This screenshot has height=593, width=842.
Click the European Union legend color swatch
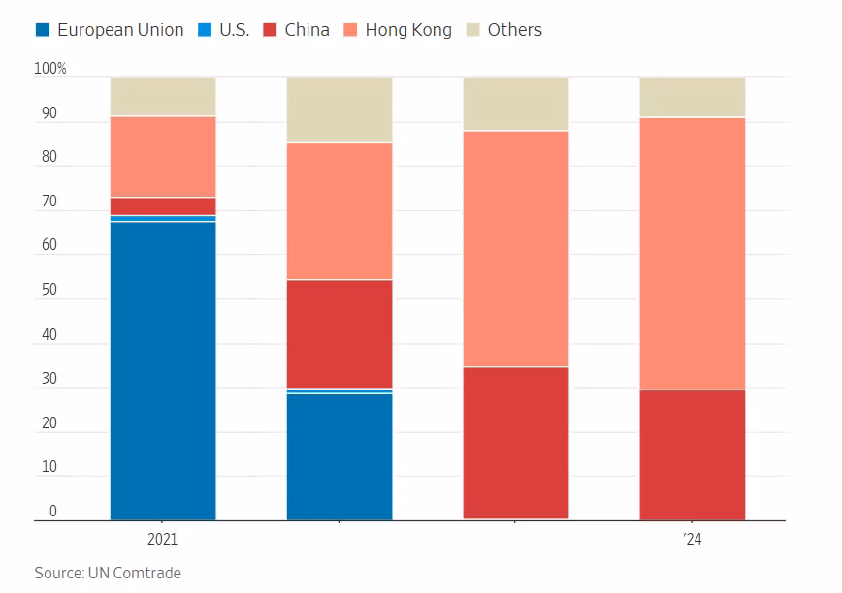[43, 30]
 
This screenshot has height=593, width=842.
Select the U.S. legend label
[234, 30]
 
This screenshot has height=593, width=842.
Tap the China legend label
[307, 30]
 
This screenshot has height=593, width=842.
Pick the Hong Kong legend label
[408, 30]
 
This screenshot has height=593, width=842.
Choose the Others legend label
[514, 30]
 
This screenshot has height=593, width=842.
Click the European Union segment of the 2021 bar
[163, 370]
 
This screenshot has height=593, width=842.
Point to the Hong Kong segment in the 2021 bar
[163, 157]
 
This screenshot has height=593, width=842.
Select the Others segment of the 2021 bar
[163, 96]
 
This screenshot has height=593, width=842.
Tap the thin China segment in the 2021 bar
[163, 206]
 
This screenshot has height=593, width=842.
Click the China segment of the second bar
[340, 333]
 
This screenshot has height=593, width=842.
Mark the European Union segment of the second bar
[340, 456]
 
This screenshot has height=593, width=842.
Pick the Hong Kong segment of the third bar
[516, 248]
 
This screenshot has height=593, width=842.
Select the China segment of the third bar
[516, 443]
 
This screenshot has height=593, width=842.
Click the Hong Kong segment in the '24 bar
[693, 253]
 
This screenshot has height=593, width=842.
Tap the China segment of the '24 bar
[693, 454]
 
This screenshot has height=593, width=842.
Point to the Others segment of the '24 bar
[693, 97]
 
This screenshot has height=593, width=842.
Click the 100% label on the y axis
[50, 69]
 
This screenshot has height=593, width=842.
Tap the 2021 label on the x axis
[163, 539]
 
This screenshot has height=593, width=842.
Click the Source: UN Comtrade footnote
[108, 573]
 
